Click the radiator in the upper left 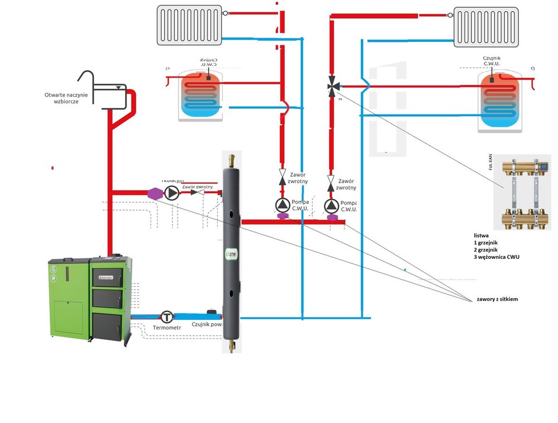(x=190, y=25)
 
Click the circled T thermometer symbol (x=167, y=317)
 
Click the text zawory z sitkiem (x=497, y=300)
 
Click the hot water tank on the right (x=501, y=100)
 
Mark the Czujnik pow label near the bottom (x=207, y=323)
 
